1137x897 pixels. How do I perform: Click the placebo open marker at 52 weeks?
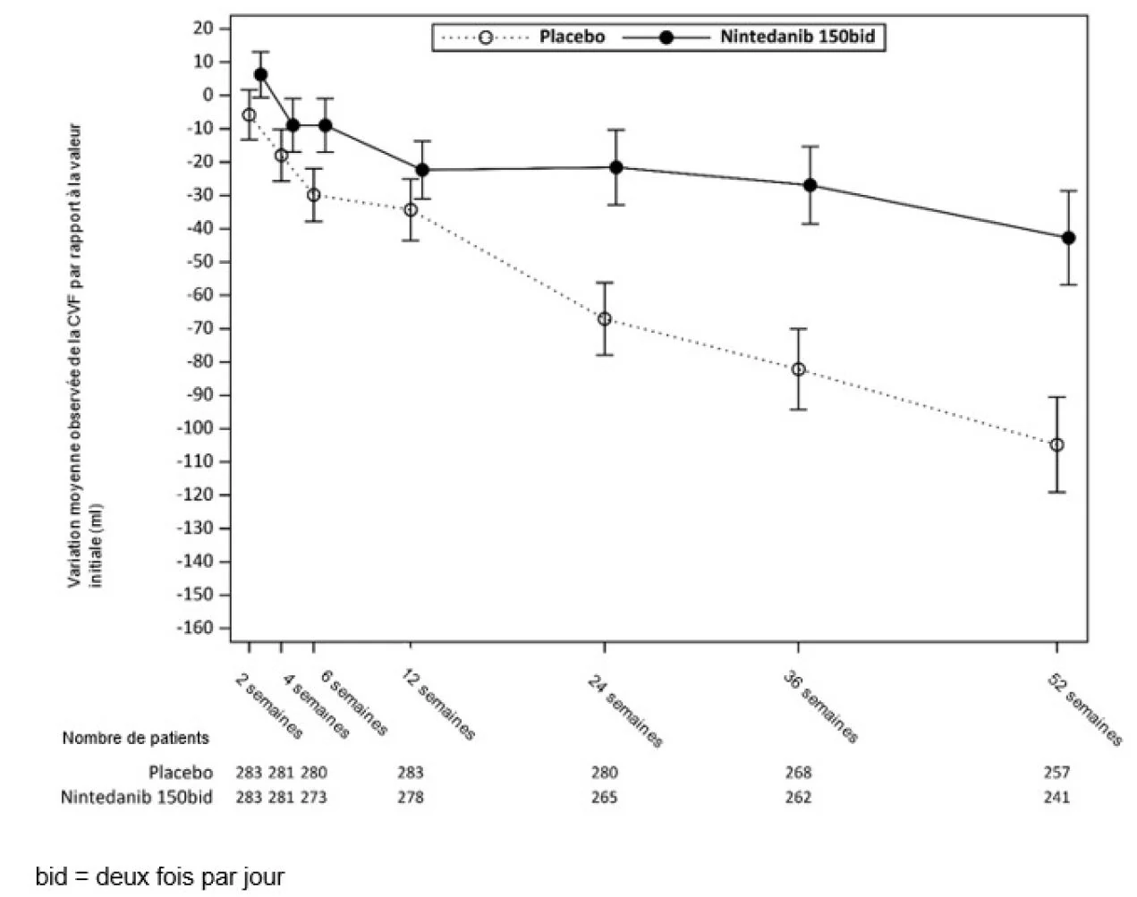[x=1056, y=444]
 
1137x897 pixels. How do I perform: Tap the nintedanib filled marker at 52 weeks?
[x=1068, y=238]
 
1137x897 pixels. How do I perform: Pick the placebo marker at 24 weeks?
[x=605, y=319]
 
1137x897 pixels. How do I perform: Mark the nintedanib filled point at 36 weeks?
[x=810, y=185]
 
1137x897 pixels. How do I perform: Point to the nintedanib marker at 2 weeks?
[x=260, y=74]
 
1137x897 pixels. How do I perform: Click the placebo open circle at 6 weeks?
[x=314, y=195]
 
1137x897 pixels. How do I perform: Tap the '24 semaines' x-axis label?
[x=624, y=711]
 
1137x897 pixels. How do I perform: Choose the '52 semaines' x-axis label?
[x=1084, y=710]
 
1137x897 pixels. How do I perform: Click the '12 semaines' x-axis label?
[x=438, y=705]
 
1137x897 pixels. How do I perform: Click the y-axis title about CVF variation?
[x=84, y=356]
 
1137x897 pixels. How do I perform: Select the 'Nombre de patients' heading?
[x=136, y=738]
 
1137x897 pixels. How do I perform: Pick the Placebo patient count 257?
[x=1056, y=773]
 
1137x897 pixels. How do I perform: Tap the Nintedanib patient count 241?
[x=1056, y=797]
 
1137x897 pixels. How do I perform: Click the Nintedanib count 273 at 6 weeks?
[x=314, y=797]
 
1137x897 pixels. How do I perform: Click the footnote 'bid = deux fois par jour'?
[x=160, y=877]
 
